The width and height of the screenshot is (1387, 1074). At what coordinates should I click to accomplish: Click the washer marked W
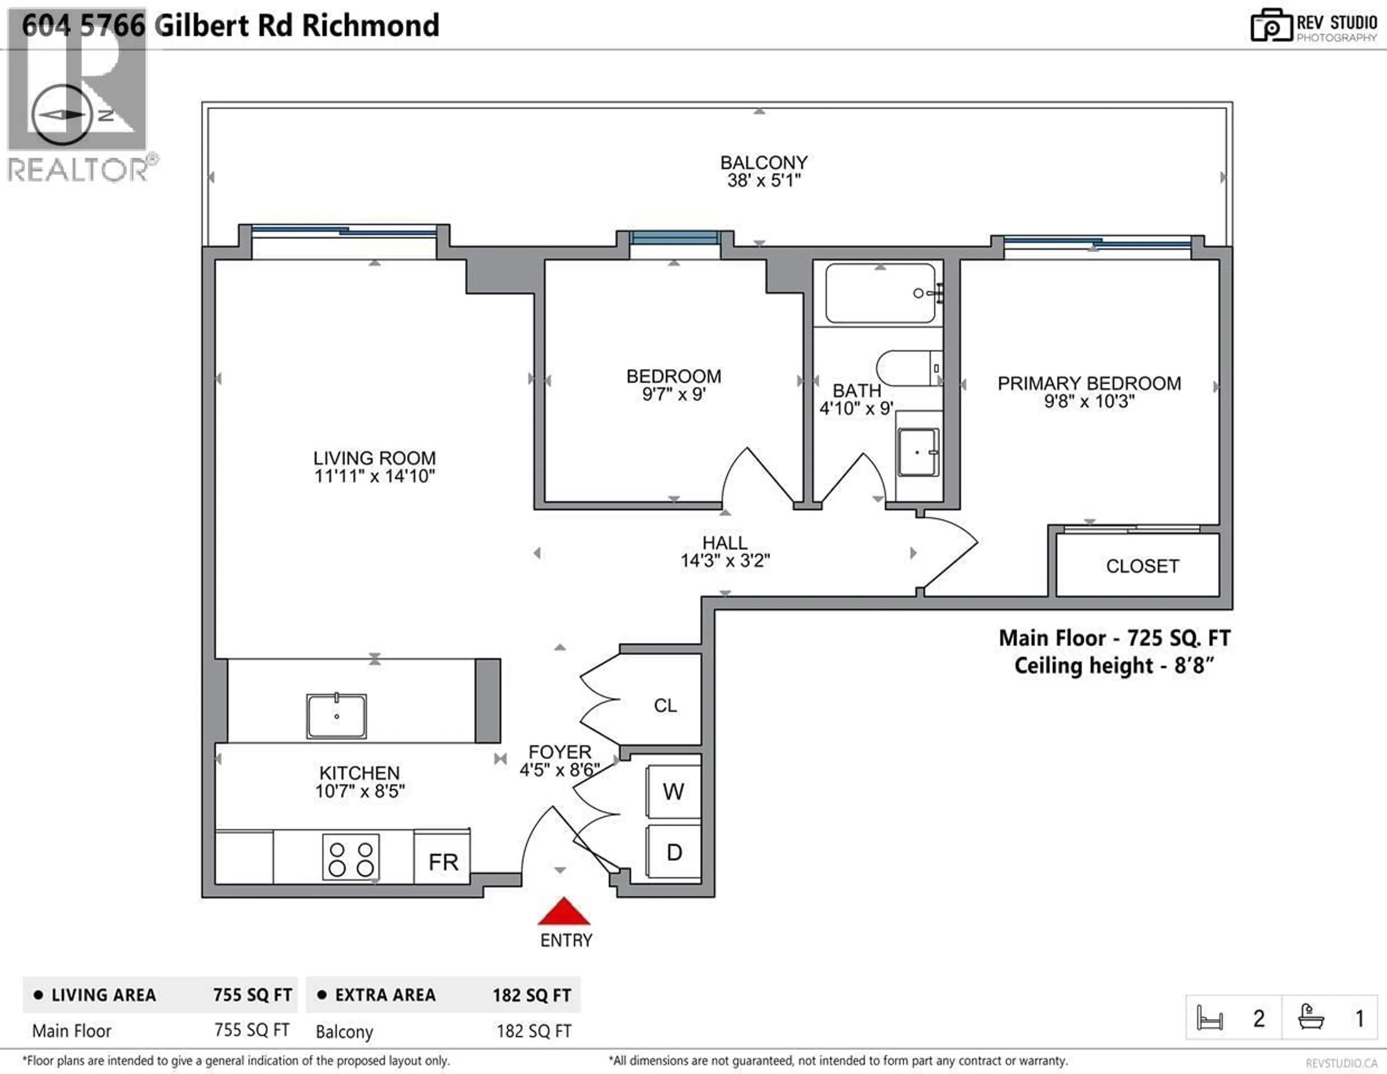tap(673, 792)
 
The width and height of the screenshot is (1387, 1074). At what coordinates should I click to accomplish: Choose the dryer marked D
tap(674, 852)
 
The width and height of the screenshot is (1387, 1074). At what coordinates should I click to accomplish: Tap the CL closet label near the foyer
tap(665, 706)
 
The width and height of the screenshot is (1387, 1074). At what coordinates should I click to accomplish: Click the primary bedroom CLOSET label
tap(1142, 566)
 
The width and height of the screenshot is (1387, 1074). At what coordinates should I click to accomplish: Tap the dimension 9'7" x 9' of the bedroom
tap(673, 394)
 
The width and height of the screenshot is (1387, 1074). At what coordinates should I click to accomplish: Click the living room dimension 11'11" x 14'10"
tap(374, 476)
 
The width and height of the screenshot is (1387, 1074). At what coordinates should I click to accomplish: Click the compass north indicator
tap(62, 114)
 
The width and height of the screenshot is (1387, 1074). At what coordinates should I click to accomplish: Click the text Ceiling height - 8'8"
tap(1114, 666)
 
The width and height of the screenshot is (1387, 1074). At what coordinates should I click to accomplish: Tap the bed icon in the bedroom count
tap(1209, 1018)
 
